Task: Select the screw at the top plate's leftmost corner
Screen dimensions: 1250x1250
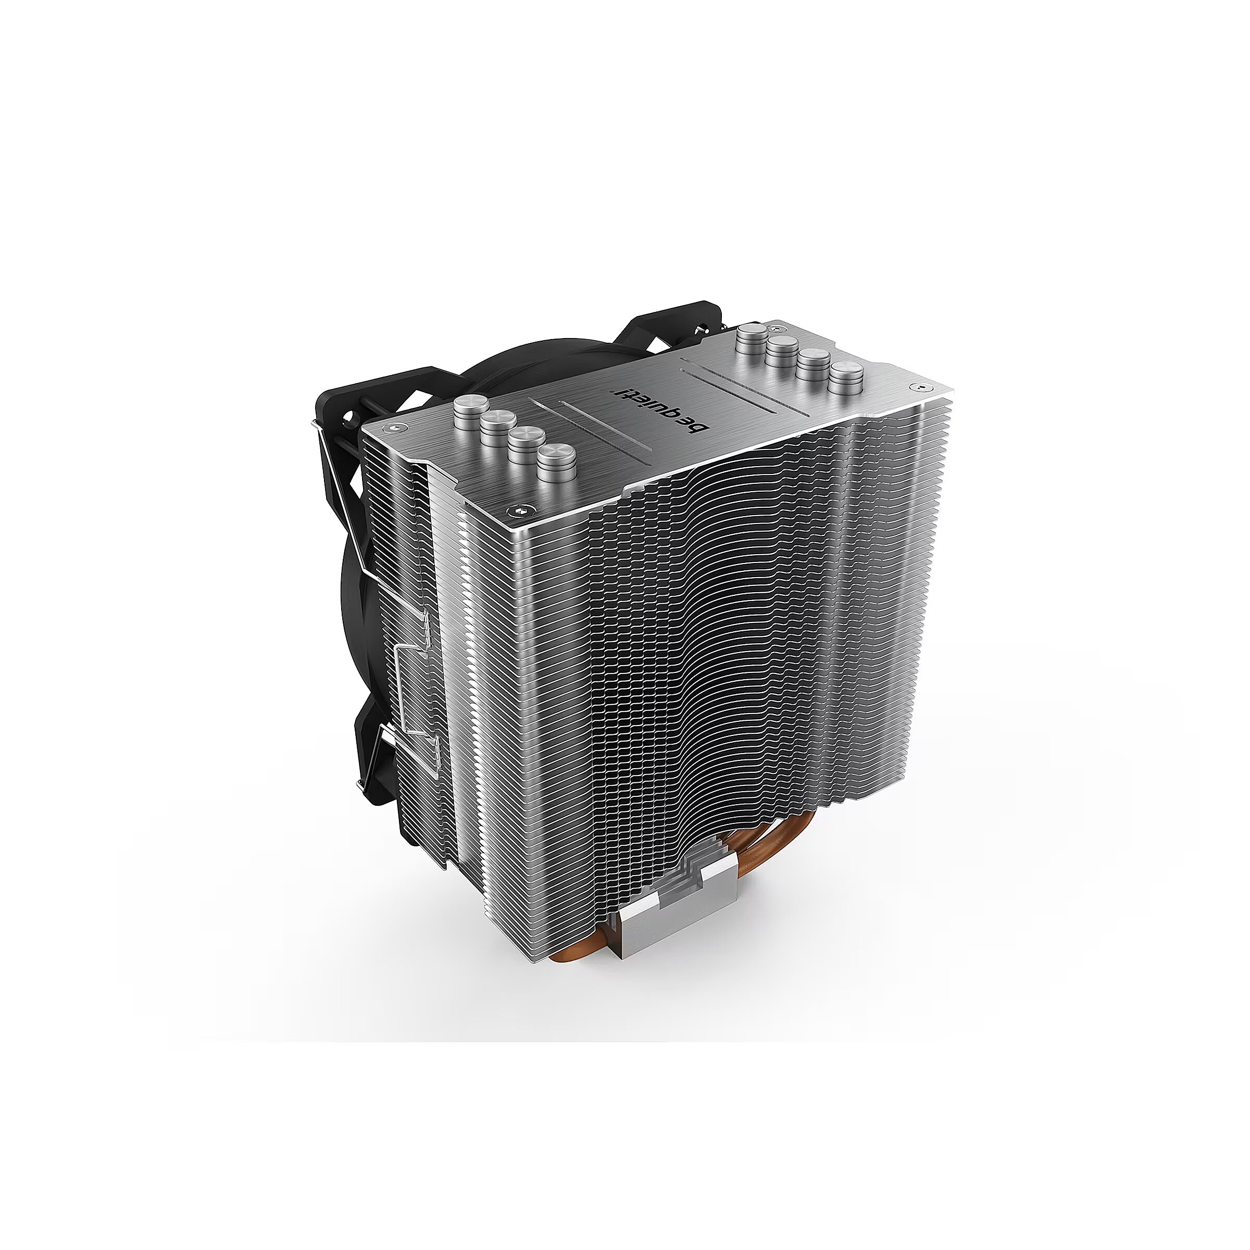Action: pyautogui.click(x=396, y=428)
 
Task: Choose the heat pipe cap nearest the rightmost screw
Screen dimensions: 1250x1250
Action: pyautogui.click(x=847, y=379)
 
